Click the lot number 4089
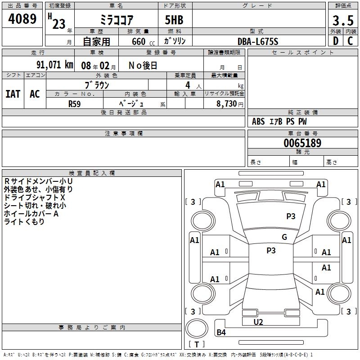coord(22,19)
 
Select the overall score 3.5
coord(342,20)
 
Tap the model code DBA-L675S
coord(258,41)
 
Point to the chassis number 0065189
coord(302,144)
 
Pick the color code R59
coord(74,103)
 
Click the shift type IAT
coord(13,94)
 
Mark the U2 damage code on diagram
coord(258,322)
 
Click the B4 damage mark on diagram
coord(221,333)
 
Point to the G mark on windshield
coord(284,237)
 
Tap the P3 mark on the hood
coord(291,216)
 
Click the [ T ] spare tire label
coord(196,344)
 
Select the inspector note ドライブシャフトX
coord(35,198)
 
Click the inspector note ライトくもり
coord(24,222)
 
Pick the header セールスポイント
coord(303,53)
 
